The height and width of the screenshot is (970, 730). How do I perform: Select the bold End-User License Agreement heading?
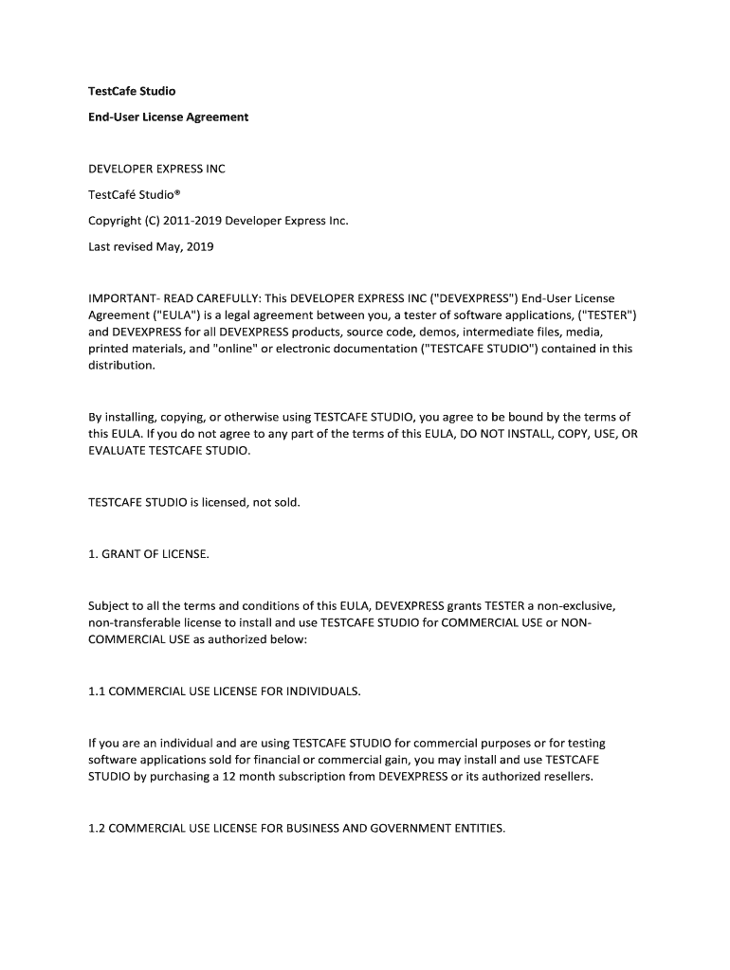(168, 117)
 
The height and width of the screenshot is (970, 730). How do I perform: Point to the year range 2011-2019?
(190, 221)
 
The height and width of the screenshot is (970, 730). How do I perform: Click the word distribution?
(120, 366)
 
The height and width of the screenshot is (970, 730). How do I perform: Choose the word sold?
(285, 502)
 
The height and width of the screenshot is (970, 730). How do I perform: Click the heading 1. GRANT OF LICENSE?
(148, 553)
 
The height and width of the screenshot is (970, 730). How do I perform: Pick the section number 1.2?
(97, 828)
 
